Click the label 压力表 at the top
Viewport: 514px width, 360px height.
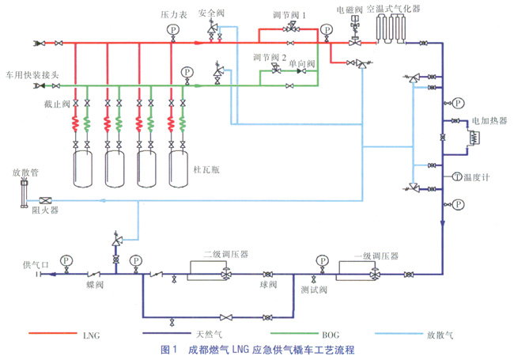point(172,14)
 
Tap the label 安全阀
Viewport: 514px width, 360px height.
point(211,13)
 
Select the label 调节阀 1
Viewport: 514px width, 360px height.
point(290,15)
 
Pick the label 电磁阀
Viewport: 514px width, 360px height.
point(349,9)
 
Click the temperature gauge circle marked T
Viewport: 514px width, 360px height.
point(457,176)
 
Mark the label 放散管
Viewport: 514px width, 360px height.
point(24,171)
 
